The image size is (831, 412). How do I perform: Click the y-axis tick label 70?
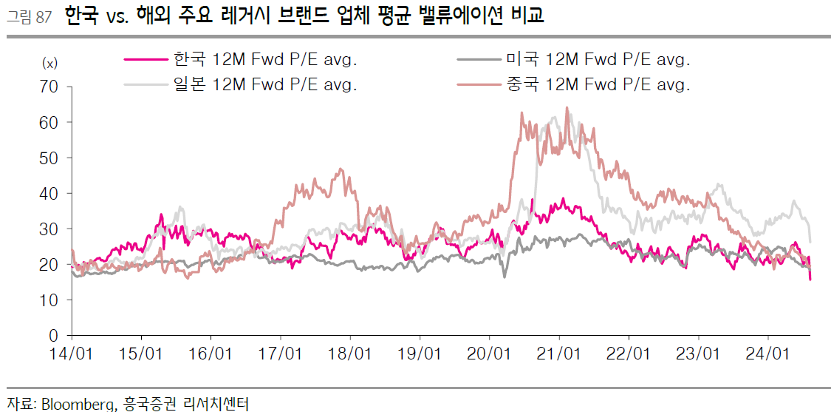click(x=49, y=87)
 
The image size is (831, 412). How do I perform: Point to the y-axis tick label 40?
click(x=49, y=193)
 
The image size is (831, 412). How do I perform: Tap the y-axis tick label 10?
click(x=49, y=300)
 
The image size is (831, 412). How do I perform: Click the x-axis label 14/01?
click(x=72, y=354)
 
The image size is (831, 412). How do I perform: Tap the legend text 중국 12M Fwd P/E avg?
click(x=598, y=84)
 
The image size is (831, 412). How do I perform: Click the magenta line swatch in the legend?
click(x=145, y=60)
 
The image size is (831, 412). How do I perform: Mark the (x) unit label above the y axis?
click(x=49, y=64)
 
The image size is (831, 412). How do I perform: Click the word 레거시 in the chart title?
click(x=247, y=16)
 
